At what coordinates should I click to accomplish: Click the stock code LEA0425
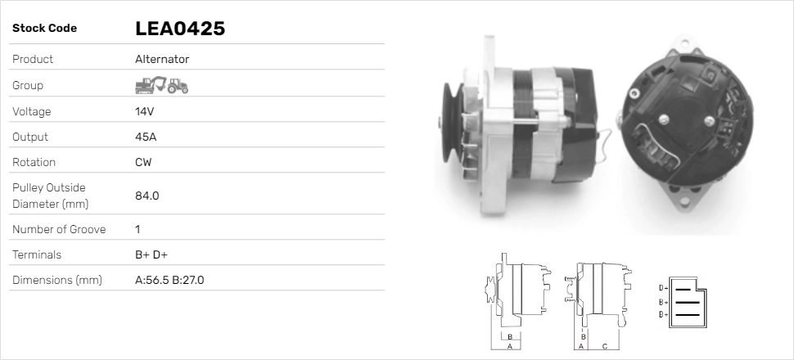pyautogui.click(x=179, y=29)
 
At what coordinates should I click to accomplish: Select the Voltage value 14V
pyautogui.click(x=145, y=111)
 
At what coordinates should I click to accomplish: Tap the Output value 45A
pyautogui.click(x=146, y=137)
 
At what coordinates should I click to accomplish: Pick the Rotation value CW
pyautogui.click(x=143, y=162)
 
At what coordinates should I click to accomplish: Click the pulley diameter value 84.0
pyautogui.click(x=147, y=196)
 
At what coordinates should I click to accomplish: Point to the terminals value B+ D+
pyautogui.click(x=151, y=254)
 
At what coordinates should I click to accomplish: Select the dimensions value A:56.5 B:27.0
pyautogui.click(x=169, y=280)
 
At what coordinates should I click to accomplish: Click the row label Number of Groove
pyautogui.click(x=59, y=229)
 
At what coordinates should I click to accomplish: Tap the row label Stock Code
pyautogui.click(x=44, y=29)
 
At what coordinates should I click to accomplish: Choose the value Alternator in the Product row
pyautogui.click(x=162, y=59)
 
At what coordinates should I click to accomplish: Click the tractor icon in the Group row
pyautogui.click(x=178, y=85)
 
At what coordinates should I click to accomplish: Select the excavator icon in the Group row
pyautogui.click(x=150, y=84)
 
